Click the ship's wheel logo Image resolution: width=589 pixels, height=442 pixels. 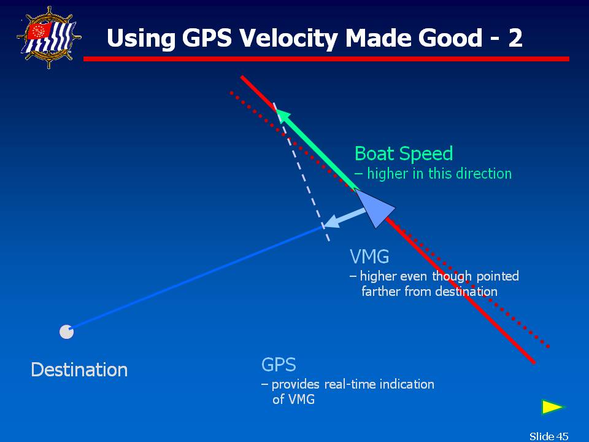pos(49,37)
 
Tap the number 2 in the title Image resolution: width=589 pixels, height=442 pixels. pos(515,37)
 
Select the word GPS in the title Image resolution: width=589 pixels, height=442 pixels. pos(207,37)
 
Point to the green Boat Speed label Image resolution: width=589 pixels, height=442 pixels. pos(404,153)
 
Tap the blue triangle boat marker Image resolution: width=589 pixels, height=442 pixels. pos(374,208)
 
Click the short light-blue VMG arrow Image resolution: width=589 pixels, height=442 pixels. pos(344,219)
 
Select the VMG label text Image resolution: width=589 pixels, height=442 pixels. pos(369,257)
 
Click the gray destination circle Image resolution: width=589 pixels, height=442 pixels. pos(66,332)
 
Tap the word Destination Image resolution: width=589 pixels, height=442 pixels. pos(79,370)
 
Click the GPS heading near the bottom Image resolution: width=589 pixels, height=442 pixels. pos(279,365)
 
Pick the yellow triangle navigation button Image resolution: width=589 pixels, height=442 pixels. pos(553,407)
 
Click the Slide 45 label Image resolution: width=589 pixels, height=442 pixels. pos(549,436)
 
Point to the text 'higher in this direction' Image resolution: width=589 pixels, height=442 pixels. pos(439,174)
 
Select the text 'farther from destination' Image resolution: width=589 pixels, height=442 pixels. pos(429,291)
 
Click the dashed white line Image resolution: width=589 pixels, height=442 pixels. pos(302,172)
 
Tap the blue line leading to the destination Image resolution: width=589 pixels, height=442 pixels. pos(196,279)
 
